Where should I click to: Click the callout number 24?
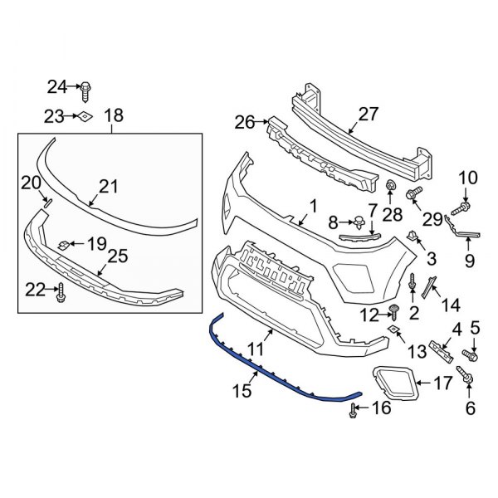tap(57, 85)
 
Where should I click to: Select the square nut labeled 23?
tap(85, 116)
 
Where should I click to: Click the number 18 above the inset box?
tap(114, 115)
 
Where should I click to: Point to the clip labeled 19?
tap(64, 244)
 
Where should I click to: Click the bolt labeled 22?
tap(61, 291)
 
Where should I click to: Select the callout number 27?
tap(368, 115)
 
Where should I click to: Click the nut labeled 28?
tap(389, 184)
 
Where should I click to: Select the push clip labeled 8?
tap(358, 221)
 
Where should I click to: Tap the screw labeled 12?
tap(395, 312)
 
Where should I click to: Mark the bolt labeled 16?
tap(354, 408)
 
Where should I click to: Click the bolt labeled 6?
tap(468, 380)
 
